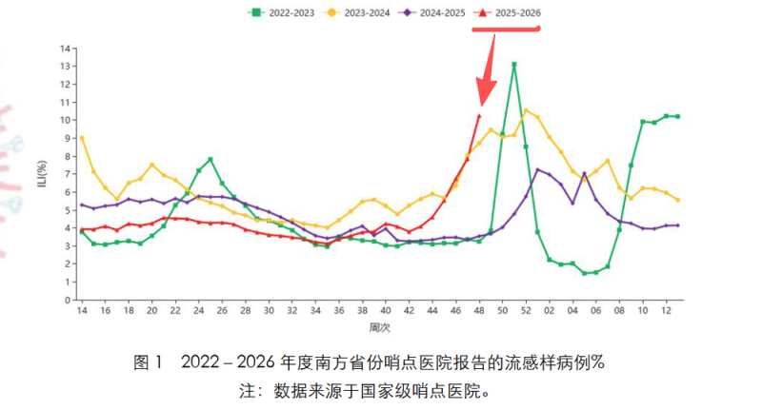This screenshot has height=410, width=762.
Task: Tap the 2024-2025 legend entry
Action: point(435,12)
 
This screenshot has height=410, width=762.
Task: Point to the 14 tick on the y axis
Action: point(66,48)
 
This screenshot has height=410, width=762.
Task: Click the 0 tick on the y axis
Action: point(68,300)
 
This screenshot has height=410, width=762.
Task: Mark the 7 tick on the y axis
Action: point(68,174)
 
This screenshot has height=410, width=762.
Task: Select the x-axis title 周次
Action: point(379,326)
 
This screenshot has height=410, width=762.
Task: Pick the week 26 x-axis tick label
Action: point(222,310)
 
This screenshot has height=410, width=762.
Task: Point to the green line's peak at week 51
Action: point(514,65)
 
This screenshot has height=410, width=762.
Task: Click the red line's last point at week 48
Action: point(479,116)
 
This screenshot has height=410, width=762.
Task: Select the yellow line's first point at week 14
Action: point(82,138)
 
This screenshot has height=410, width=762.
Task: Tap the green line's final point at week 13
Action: point(677,116)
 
